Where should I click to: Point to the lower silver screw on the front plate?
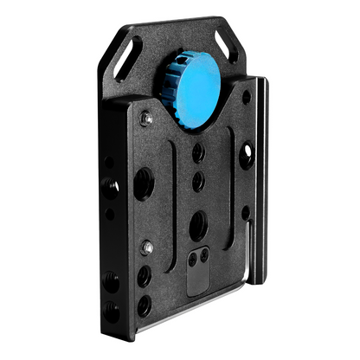pos(149,247)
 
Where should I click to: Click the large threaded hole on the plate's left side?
pos(142,183)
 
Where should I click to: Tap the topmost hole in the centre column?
pos(198,153)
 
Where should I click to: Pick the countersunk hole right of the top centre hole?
pos(247,156)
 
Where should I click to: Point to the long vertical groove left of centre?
pos(172,186)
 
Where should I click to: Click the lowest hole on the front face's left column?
pos(144,304)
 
